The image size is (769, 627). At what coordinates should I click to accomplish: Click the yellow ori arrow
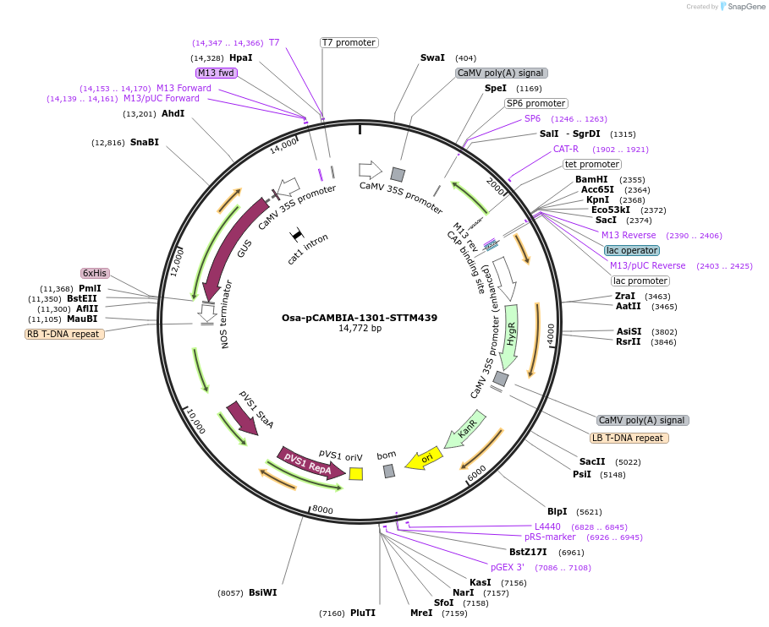pyautogui.click(x=424, y=459)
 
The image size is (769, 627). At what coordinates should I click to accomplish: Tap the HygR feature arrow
pyautogui.click(x=509, y=335)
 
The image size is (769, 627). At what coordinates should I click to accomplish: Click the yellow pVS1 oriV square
pyautogui.click(x=356, y=473)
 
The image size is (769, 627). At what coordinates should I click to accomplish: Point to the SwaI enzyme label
pyautogui.click(x=432, y=58)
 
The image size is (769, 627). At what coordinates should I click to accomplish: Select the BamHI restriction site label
pyautogui.click(x=591, y=179)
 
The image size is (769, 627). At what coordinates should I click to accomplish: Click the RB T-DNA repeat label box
pyautogui.click(x=65, y=334)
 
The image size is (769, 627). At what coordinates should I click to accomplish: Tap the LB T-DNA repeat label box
pyautogui.click(x=629, y=438)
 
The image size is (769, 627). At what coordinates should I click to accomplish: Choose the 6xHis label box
pyautogui.click(x=95, y=273)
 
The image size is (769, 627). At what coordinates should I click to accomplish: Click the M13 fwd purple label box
pyautogui.click(x=217, y=73)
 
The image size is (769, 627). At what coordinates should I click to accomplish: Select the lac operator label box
pyautogui.click(x=632, y=250)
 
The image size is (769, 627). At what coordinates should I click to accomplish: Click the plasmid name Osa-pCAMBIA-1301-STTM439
pyautogui.click(x=360, y=318)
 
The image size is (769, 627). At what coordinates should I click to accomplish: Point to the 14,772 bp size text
pyautogui.click(x=360, y=329)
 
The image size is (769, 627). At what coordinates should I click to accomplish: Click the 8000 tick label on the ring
pyautogui.click(x=322, y=510)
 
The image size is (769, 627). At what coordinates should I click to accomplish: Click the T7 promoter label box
pyautogui.click(x=349, y=42)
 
